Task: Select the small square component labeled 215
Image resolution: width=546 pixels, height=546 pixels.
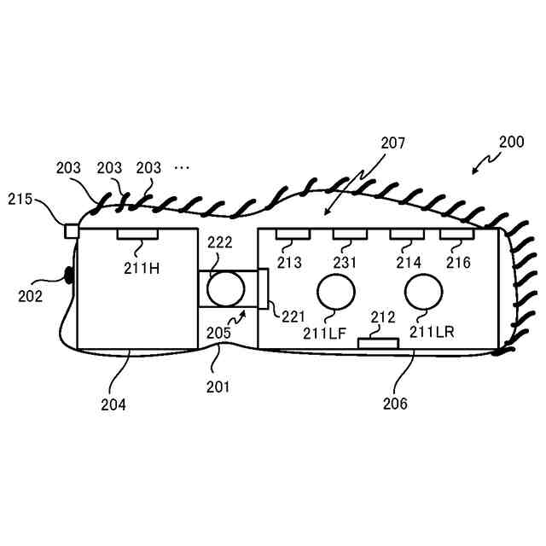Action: (x=73, y=230)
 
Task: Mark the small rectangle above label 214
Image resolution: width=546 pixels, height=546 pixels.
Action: (x=406, y=234)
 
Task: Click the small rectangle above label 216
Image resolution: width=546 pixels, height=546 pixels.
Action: (x=456, y=234)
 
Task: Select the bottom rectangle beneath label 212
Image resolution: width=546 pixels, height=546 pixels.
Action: (x=377, y=343)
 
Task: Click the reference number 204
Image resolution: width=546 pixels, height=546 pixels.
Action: (x=113, y=404)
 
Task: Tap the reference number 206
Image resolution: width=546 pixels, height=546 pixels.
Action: (x=396, y=403)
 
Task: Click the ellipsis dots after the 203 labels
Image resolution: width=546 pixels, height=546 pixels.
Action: (x=182, y=168)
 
